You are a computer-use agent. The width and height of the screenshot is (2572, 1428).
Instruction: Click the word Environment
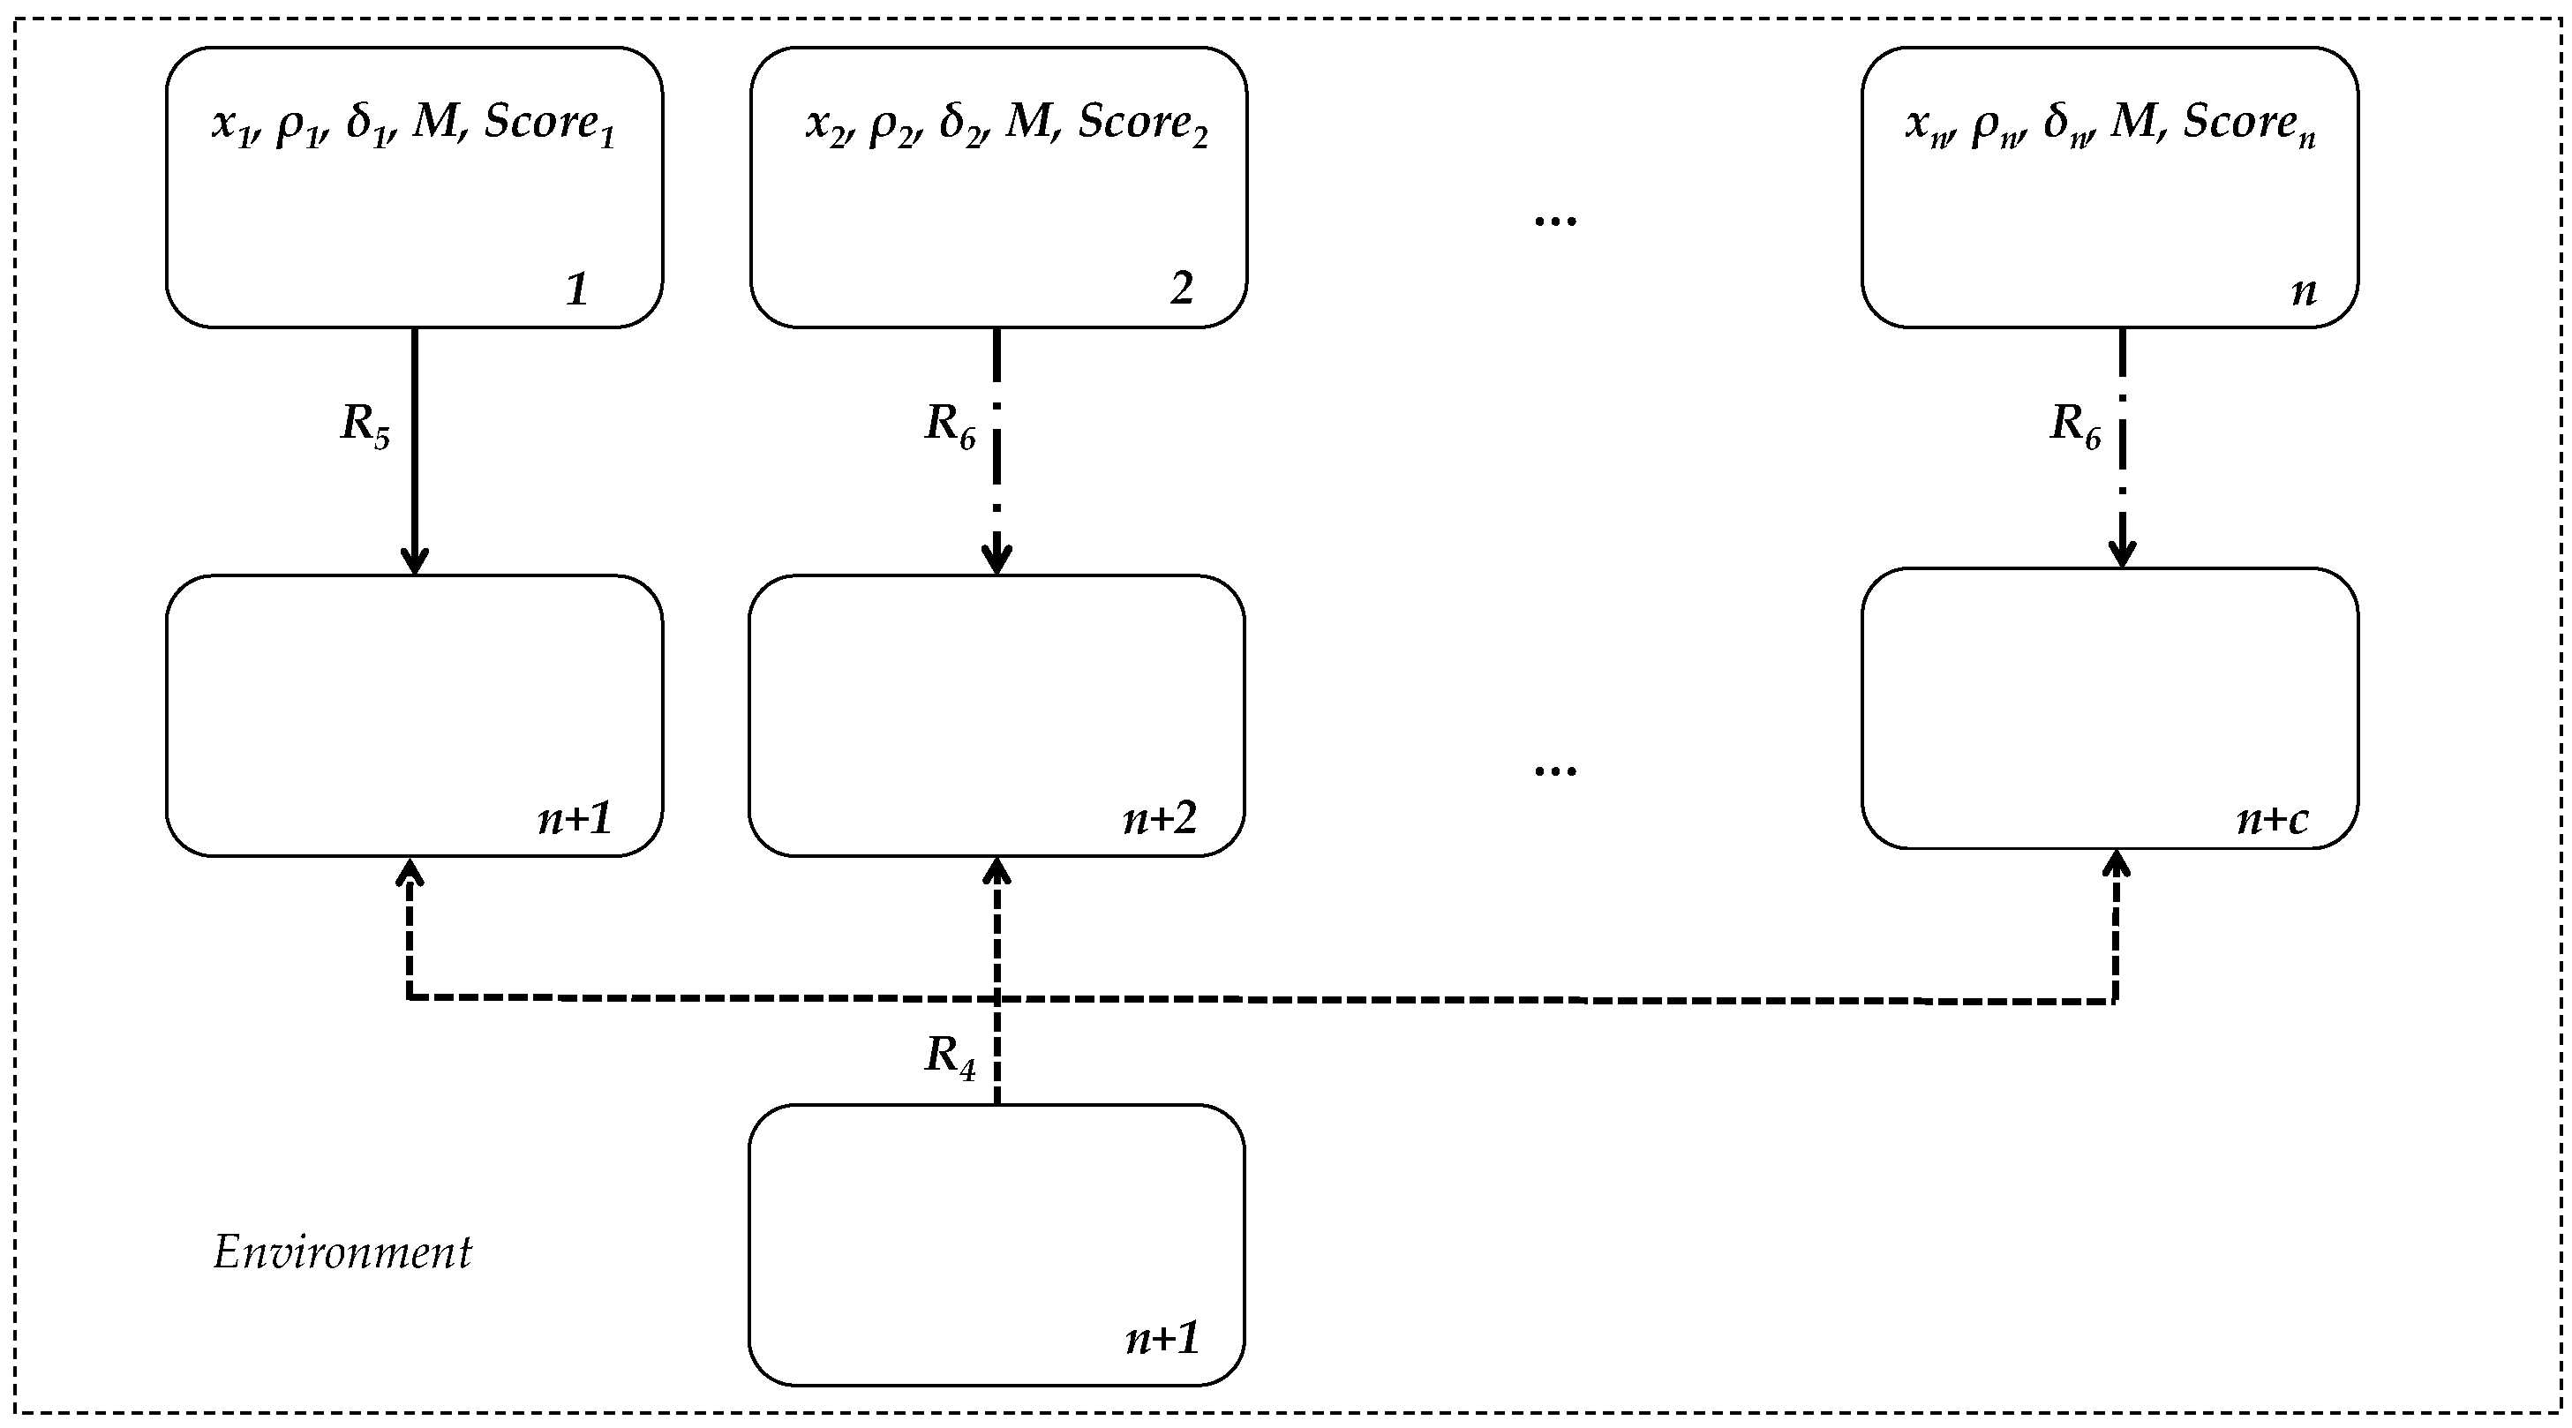tap(342, 1253)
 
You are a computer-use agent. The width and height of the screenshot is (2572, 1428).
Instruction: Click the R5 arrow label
tap(365, 425)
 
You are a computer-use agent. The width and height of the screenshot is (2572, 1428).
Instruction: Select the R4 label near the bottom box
tap(950, 1056)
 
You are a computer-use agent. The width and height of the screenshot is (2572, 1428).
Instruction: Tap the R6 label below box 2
tap(950, 425)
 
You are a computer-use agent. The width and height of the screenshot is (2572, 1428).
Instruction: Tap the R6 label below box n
tap(2075, 425)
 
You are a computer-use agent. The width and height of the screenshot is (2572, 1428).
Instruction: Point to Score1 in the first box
tap(549, 124)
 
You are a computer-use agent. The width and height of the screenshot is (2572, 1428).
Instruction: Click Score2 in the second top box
tap(1142, 124)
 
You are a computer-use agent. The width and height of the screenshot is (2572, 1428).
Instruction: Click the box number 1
tap(576, 289)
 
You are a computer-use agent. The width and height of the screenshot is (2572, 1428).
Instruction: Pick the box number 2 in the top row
tap(1181, 289)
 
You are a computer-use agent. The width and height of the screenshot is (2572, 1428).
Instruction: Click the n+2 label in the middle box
tap(1159, 819)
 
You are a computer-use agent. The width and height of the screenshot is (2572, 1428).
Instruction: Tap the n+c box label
tap(2272, 820)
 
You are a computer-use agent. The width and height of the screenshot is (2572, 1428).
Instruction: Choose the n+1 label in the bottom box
tap(1162, 1338)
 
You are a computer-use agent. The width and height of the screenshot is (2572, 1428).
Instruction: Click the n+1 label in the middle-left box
tap(574, 819)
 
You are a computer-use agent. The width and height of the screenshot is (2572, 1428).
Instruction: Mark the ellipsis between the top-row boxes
tap(1554, 221)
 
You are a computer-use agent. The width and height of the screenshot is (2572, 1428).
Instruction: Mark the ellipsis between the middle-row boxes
tap(1554, 770)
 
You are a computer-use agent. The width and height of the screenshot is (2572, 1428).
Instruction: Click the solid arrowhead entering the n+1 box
tap(414, 561)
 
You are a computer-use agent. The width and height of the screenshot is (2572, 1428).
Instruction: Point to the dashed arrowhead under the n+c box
tap(2116, 865)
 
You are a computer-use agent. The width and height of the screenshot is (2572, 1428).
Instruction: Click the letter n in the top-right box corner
tap(2303, 290)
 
